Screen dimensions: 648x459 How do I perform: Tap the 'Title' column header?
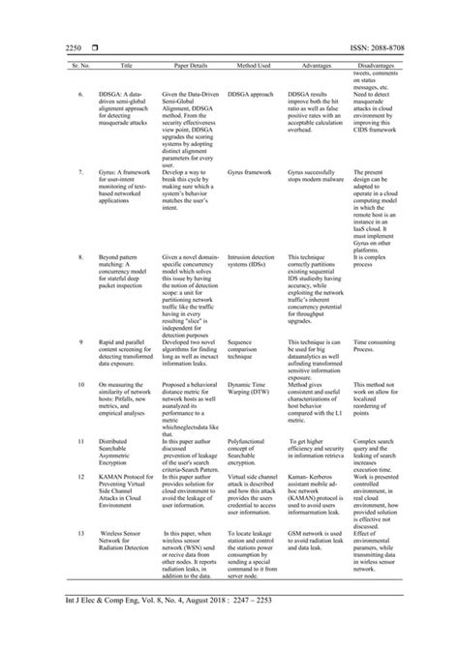point(126,65)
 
